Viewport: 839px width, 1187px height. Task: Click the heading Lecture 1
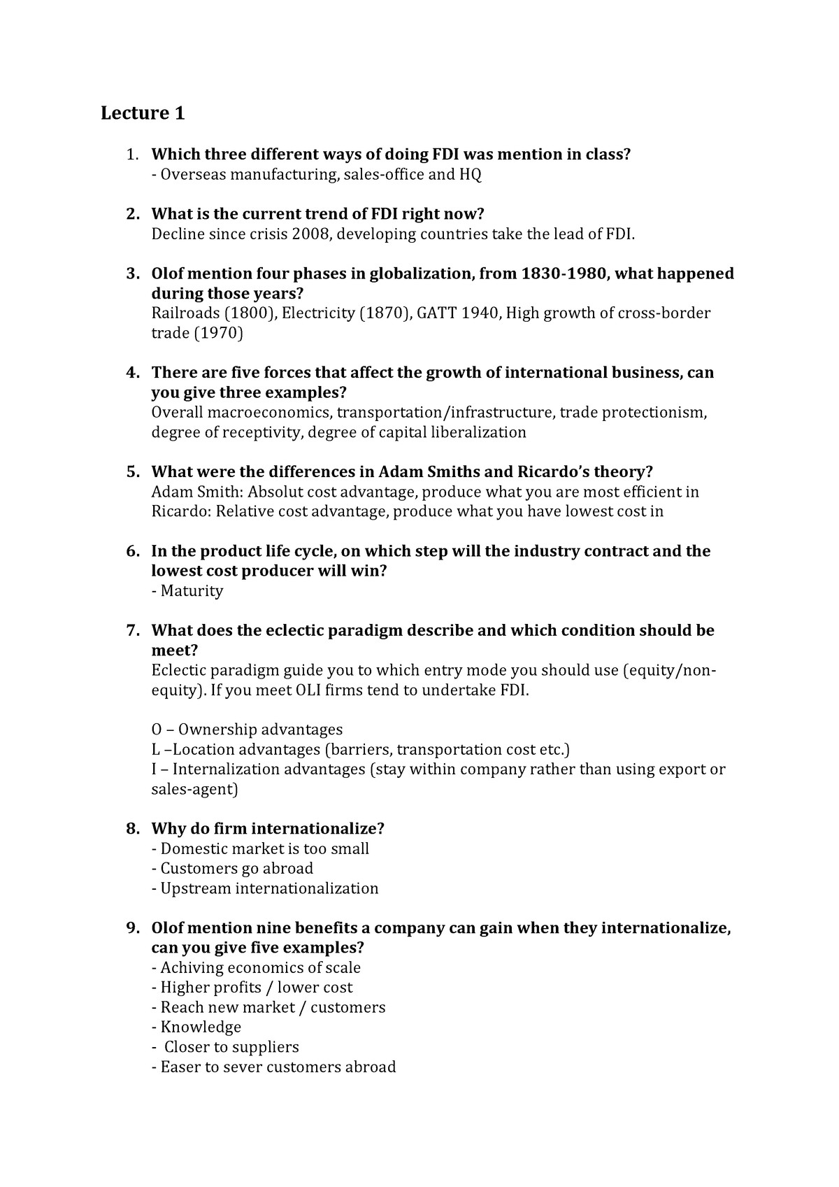143,113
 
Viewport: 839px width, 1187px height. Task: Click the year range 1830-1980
565,273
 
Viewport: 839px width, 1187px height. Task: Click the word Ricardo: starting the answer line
181,511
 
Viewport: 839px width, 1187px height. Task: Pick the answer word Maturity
192,591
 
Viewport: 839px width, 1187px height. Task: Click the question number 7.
132,631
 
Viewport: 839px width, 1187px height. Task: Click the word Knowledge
201,1027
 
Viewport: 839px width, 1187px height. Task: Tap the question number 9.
132,928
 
